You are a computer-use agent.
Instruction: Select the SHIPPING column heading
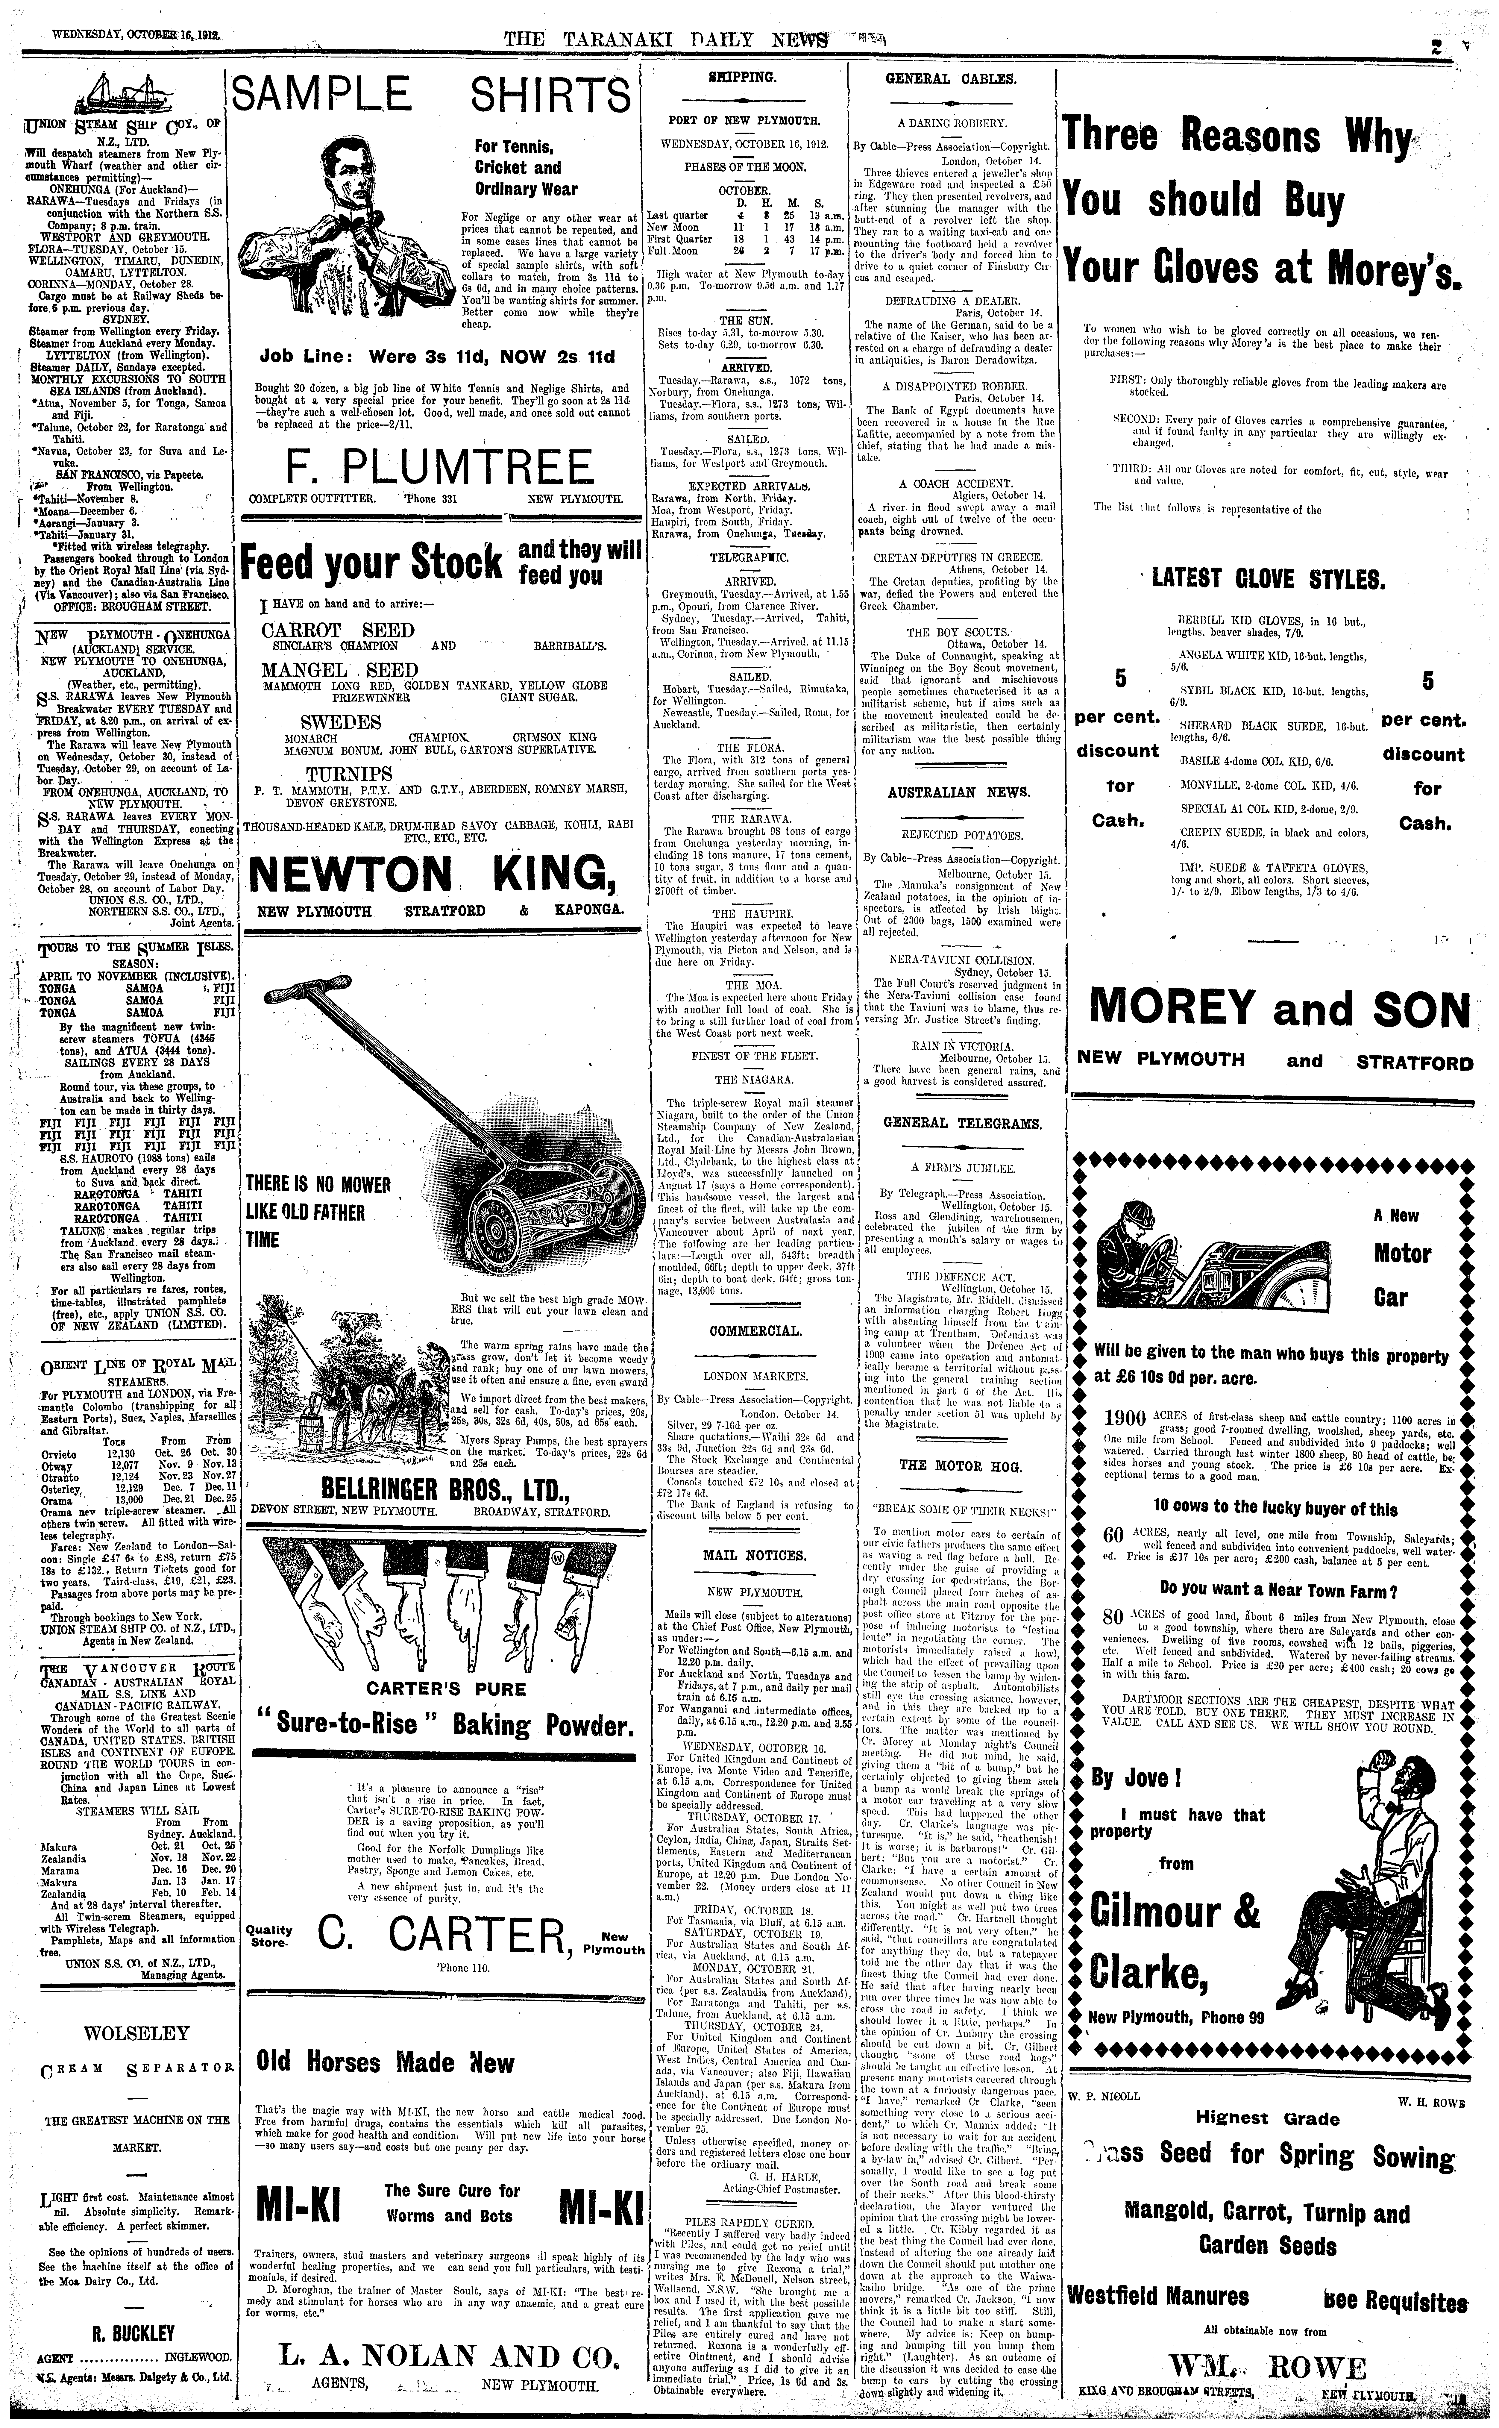coord(747,76)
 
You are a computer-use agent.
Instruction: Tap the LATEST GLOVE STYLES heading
coord(1268,579)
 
